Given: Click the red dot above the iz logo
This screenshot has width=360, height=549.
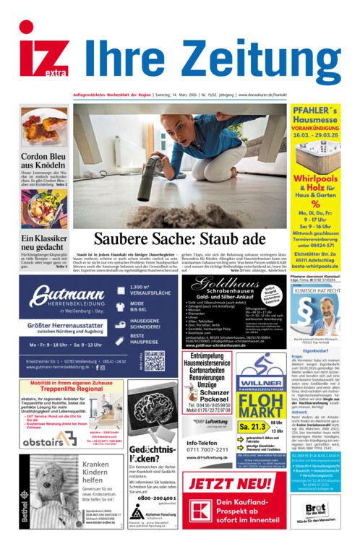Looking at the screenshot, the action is (26, 27).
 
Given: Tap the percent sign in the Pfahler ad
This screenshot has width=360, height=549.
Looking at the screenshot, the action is (315, 203).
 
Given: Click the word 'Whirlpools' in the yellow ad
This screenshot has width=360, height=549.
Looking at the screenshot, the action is (316, 178).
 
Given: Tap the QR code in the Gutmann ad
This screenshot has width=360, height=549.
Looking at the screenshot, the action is (154, 361).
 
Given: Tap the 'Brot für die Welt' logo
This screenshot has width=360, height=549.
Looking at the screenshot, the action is (315, 509).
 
